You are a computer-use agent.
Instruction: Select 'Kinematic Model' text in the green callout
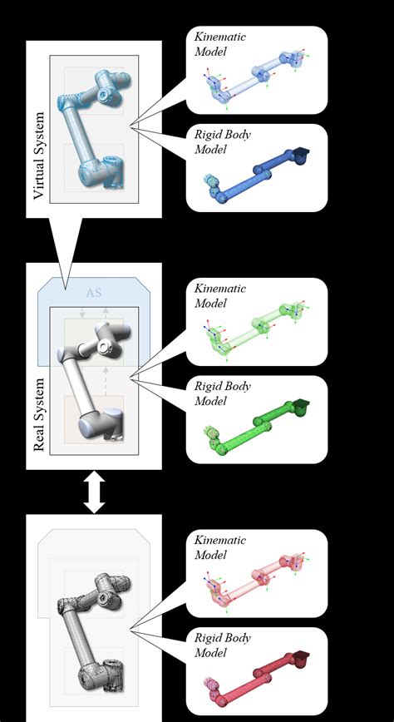(x=219, y=295)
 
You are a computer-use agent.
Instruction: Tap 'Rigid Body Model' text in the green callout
(x=219, y=393)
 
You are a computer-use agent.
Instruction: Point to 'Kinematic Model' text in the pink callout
(x=219, y=547)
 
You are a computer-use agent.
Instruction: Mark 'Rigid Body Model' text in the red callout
(x=219, y=645)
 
